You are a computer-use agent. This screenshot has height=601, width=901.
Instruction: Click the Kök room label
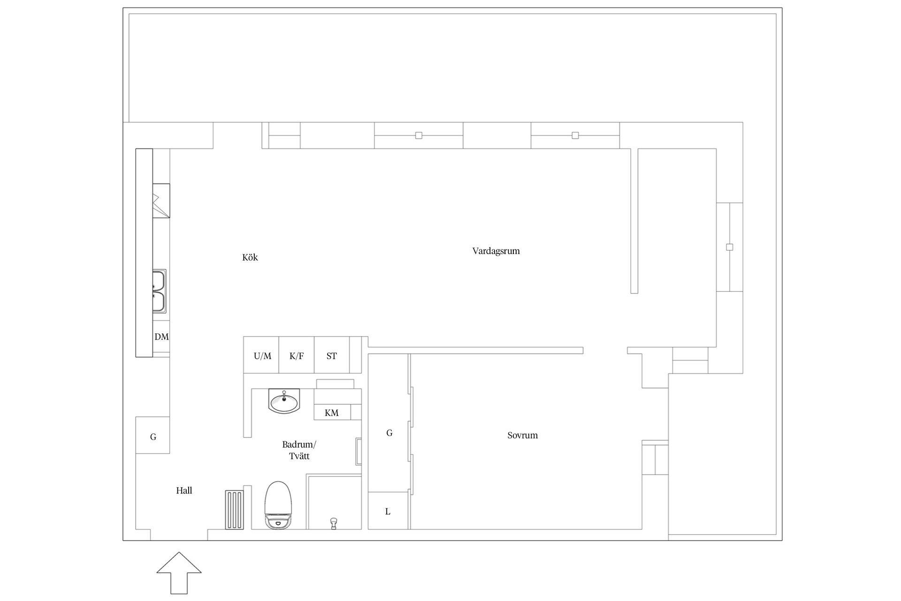click(250, 257)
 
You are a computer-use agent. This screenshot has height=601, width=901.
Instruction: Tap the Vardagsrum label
click(496, 251)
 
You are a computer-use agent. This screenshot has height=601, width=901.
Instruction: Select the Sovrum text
click(522, 435)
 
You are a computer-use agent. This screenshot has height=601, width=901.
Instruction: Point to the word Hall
click(184, 491)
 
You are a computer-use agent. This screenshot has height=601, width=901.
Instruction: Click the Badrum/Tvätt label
click(299, 450)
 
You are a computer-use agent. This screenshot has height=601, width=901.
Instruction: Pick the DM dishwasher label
click(161, 337)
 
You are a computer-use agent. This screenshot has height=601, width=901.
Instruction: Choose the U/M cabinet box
click(261, 355)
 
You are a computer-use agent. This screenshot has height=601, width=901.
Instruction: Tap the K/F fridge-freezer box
click(297, 355)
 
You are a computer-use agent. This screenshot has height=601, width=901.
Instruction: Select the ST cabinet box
click(332, 355)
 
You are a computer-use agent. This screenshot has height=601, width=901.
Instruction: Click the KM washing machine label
click(331, 413)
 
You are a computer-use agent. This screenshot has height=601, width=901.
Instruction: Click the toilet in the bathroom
click(278, 505)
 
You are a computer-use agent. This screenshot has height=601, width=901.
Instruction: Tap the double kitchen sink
click(159, 291)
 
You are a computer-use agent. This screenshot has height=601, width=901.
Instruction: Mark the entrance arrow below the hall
click(179, 573)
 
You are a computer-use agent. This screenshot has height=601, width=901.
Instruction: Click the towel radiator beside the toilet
click(234, 509)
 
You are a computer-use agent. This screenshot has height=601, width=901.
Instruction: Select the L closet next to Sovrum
click(388, 511)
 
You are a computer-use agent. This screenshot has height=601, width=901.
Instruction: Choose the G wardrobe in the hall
click(153, 435)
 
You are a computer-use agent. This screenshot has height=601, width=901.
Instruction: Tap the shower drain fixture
click(334, 523)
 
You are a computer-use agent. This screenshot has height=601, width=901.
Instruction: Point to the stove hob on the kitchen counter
click(161, 201)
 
